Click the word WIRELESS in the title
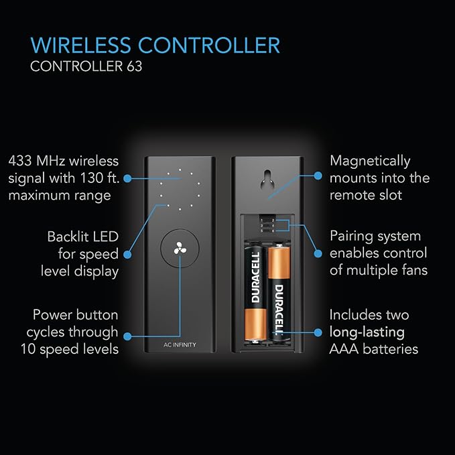80,45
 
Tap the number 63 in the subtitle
134,66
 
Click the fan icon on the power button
180,249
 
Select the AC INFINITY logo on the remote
180,344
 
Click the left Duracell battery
255,294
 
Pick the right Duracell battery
279,292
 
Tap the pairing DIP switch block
267,224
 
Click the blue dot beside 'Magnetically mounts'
318,176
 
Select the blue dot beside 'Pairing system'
318,253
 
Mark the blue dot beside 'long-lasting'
318,332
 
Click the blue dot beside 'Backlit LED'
127,255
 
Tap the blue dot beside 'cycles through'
127,336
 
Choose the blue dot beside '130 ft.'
127,178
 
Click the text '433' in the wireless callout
20,161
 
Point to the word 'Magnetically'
370,161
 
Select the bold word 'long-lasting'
367,332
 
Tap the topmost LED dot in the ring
180,170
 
